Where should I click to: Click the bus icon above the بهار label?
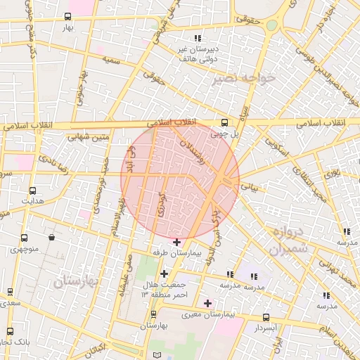click(x=67, y=17)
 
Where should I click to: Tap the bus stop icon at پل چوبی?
click(x=224, y=121)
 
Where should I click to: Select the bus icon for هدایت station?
click(x=32, y=191)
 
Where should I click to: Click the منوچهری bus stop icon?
click(x=25, y=238)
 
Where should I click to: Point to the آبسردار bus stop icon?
click(x=265, y=317)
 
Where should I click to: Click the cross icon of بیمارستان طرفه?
click(x=176, y=242)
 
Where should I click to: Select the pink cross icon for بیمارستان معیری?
click(x=207, y=303)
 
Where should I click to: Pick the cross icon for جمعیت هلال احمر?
click(x=164, y=274)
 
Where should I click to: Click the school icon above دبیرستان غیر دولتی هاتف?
click(x=198, y=38)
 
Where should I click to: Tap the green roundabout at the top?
click(x=271, y=25)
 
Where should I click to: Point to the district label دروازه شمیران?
click(x=288, y=240)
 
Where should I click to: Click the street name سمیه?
click(x=110, y=60)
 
